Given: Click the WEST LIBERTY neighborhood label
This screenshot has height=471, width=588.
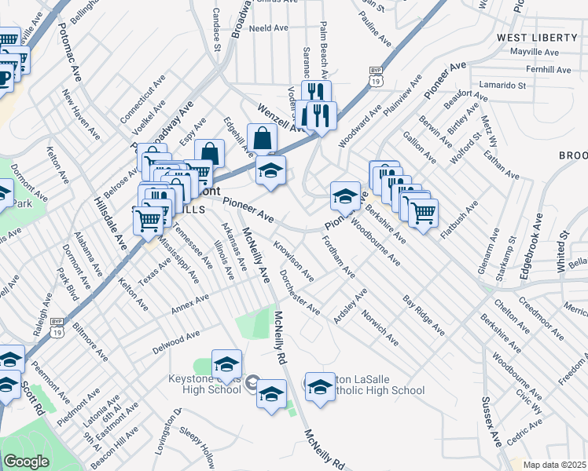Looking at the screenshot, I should pos(538,38).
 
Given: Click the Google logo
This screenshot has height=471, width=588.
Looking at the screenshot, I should pos(26,462).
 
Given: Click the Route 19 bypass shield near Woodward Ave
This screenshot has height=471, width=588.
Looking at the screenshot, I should pos(375,75).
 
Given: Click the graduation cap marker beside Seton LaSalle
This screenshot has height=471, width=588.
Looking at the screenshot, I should pos(320,386).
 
